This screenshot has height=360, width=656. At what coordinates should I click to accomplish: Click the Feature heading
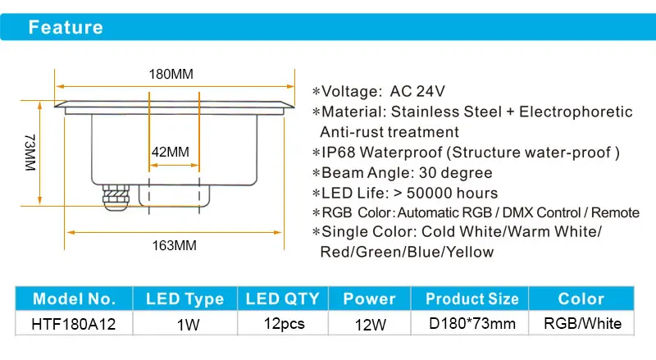[66, 27]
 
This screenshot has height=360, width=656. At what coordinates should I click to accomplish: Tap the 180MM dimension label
[171, 74]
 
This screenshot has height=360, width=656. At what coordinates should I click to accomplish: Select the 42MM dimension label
[171, 152]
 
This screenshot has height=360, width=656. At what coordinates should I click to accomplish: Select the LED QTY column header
[283, 298]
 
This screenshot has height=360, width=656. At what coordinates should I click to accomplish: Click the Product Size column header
[472, 298]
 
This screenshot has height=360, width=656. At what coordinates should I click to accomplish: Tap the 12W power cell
[370, 324]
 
